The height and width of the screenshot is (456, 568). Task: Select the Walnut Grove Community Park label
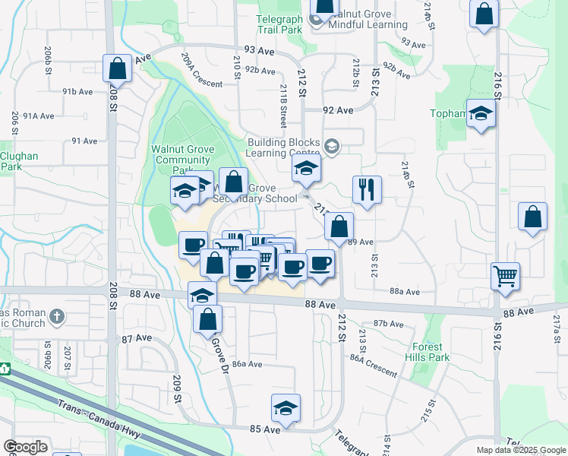[183, 154]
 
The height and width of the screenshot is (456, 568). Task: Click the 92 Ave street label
[338, 110]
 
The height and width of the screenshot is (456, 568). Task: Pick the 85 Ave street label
[266, 429]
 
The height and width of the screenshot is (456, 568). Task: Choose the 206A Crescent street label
[202, 70]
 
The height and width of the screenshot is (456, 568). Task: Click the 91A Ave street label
[38, 116]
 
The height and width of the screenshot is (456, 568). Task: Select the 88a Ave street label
[405, 291]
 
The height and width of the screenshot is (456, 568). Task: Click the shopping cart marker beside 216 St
[505, 277]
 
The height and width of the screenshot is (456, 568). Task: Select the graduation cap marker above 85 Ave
[286, 409]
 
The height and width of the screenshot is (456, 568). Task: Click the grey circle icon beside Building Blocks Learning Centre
[331, 145]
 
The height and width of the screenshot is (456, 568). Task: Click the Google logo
[25, 446]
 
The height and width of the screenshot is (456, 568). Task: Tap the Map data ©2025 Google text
[520, 450]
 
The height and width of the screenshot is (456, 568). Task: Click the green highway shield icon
[5, 369]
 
